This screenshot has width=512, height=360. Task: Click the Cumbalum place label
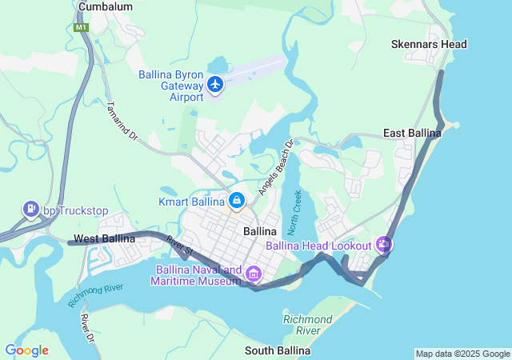[x=105, y=6]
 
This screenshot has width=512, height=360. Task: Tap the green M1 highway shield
[x=81, y=27]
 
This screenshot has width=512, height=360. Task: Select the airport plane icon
[x=214, y=84]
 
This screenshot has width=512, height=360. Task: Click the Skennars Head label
[x=429, y=44]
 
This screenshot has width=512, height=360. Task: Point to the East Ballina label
[x=412, y=133]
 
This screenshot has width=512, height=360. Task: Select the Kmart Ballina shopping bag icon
[x=237, y=199]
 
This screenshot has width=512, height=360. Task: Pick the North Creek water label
[x=295, y=211]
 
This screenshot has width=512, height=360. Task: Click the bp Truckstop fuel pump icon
[x=31, y=210]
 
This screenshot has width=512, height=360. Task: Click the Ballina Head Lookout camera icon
[x=385, y=244]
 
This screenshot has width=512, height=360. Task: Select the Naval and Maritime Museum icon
[x=254, y=274]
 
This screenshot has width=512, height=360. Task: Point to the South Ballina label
[x=277, y=351]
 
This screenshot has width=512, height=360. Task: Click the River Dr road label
[x=87, y=329]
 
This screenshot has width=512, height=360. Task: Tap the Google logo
[x=26, y=350]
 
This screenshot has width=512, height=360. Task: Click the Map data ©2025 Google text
[x=462, y=354]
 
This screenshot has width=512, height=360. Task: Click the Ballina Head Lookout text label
[x=318, y=246]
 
